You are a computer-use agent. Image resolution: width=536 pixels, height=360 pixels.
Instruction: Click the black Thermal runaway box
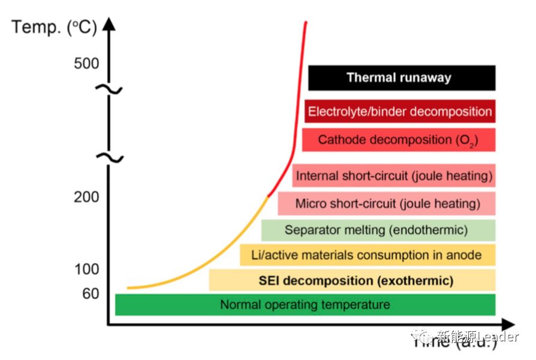402,77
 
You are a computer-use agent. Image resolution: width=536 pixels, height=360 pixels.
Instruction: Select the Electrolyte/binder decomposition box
400,111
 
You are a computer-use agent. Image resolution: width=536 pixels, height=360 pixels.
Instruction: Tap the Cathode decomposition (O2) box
399,140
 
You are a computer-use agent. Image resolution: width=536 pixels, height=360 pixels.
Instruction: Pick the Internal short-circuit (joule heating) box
394,176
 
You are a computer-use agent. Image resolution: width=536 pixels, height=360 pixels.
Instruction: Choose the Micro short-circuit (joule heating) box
387,204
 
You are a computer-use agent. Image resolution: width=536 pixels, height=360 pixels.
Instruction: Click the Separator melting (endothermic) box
378,230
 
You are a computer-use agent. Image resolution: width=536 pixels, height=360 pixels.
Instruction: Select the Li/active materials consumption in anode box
367,255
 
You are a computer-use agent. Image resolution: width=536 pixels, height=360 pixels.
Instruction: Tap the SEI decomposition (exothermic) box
353,280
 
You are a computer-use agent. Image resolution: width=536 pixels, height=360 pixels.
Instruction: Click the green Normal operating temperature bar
305,304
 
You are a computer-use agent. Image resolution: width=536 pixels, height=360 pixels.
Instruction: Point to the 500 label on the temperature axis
86,63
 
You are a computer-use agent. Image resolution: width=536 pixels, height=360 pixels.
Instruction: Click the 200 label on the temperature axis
86,196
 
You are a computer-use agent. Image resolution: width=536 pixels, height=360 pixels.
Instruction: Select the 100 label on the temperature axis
86,269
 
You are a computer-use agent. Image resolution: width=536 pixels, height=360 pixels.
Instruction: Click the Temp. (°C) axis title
54,27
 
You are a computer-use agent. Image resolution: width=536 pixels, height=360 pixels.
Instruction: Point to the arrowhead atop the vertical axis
109,24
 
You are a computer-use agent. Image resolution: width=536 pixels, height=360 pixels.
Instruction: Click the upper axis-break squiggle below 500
109,90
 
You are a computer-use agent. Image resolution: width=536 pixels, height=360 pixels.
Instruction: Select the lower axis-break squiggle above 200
109,158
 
